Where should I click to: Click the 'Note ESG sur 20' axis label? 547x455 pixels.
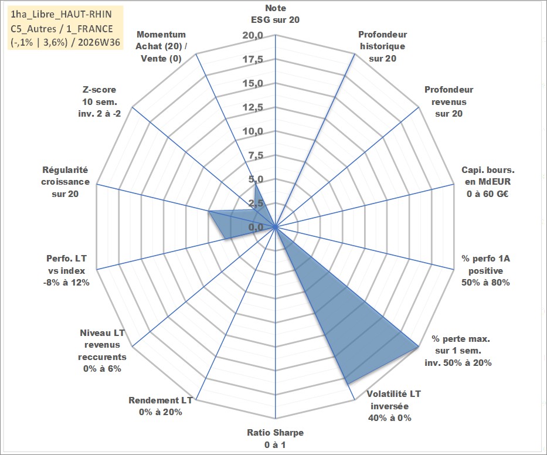click(275, 14)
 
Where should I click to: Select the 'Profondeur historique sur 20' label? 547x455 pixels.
click(382, 46)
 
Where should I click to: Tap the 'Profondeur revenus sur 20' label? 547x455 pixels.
click(449, 101)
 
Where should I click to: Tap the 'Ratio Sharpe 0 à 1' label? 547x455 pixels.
click(275, 439)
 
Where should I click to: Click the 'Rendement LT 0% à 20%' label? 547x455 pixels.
click(161, 406)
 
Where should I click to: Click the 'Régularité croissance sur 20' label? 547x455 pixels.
click(65, 182)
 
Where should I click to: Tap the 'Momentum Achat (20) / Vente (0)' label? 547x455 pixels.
click(161, 46)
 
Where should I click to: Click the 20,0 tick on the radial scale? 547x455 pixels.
click(253, 36)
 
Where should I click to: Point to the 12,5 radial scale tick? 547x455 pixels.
click(253, 107)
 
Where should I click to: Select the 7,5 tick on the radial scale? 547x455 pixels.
click(256, 155)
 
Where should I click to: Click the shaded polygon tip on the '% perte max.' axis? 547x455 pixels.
click(418, 347)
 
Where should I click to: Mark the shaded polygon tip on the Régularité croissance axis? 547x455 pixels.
click(209, 211)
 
